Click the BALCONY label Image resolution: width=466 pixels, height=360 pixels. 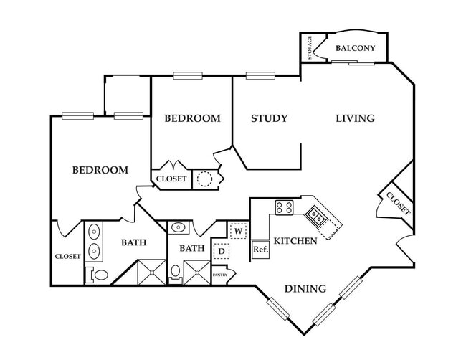click(x=356, y=48)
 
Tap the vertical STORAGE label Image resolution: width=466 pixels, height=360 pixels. click(x=310, y=47)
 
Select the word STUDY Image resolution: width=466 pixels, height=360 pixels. click(x=269, y=118)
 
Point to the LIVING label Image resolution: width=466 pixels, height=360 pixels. click(x=356, y=118)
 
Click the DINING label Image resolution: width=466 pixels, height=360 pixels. click(x=305, y=289)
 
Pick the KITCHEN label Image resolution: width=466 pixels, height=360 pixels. click(x=296, y=241)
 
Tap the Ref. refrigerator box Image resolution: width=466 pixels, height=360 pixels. click(x=260, y=250)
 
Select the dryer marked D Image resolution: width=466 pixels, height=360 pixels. click(x=222, y=250)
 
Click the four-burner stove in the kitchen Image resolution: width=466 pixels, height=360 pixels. click(x=283, y=208)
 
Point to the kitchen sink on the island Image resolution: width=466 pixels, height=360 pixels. click(x=315, y=214)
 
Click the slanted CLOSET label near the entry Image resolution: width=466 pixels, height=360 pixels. click(x=398, y=204)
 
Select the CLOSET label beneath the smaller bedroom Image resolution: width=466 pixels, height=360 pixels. click(x=171, y=179)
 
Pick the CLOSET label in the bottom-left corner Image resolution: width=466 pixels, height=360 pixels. click(x=67, y=256)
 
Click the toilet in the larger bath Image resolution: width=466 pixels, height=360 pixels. click(x=99, y=274)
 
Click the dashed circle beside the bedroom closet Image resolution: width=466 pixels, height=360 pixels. click(x=204, y=179)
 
